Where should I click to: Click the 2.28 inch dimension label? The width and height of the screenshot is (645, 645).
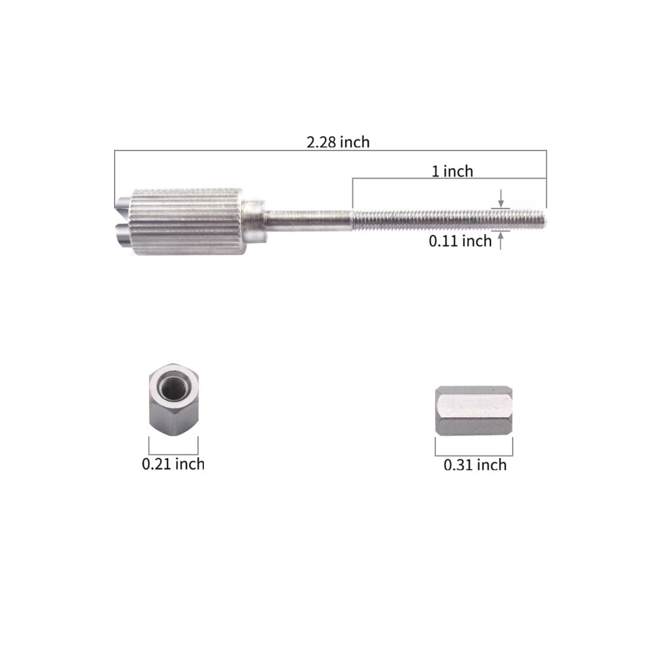pyautogui.click(x=338, y=142)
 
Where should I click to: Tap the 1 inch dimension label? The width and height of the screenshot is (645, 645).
pyautogui.click(x=452, y=171)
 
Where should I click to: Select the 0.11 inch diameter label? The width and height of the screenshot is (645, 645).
pyautogui.click(x=460, y=240)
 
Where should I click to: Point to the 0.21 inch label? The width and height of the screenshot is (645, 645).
pyautogui.click(x=173, y=464)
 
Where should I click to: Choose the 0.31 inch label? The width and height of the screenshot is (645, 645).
pyautogui.click(x=475, y=465)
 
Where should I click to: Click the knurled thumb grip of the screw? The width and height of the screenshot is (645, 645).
pyautogui.click(x=188, y=222)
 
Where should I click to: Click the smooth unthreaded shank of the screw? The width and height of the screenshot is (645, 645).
pyautogui.click(x=309, y=220)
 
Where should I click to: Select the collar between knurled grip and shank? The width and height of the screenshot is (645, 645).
pyautogui.click(x=253, y=220)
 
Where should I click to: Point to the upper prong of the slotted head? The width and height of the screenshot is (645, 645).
pyautogui.click(x=122, y=204)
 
